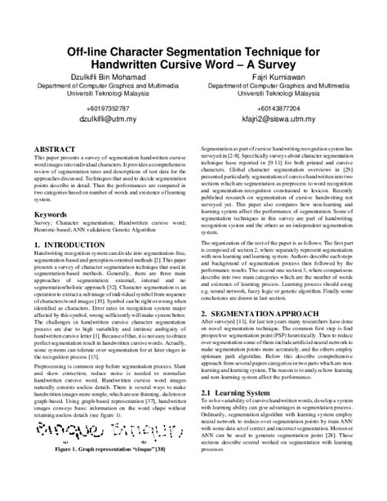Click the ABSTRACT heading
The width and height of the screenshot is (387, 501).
(53, 150)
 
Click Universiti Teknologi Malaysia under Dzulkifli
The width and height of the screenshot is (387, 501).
(101, 93)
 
